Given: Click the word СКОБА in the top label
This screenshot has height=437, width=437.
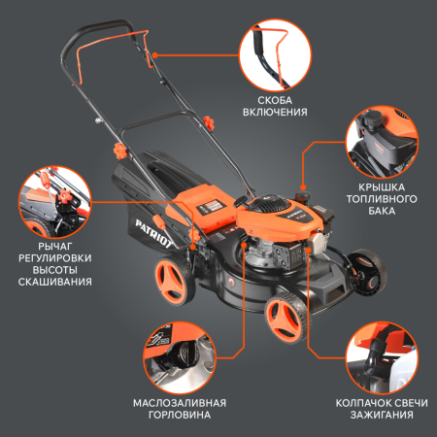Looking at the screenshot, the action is [x=275, y=100].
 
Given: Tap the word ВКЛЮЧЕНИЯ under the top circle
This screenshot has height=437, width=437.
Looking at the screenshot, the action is [x=275, y=112].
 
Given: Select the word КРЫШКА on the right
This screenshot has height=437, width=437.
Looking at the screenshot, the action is [x=382, y=187].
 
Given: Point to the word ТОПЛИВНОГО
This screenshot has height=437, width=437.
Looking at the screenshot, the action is [x=382, y=199].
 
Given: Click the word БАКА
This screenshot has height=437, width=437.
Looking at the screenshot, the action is [x=382, y=211].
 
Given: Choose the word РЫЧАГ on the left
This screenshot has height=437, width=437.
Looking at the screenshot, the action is [x=55, y=247].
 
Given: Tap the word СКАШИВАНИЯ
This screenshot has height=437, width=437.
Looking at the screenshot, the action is [x=55, y=282].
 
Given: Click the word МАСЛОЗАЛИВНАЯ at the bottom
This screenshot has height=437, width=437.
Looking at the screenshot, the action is [x=180, y=403].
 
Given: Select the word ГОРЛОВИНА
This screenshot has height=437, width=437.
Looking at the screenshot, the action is [x=180, y=415].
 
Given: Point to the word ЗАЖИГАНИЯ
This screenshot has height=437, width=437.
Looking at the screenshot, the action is [x=382, y=415].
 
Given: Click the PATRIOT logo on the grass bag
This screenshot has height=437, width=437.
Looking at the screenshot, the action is [x=152, y=234].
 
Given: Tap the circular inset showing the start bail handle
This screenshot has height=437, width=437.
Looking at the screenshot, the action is [x=275, y=55].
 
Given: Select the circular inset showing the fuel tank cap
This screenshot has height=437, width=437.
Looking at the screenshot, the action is [x=382, y=142].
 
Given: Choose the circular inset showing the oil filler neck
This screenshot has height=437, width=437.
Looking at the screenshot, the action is [x=180, y=357].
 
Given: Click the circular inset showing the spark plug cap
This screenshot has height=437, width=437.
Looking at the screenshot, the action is [x=382, y=357].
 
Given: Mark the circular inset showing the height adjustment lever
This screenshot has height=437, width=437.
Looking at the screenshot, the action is [x=55, y=202].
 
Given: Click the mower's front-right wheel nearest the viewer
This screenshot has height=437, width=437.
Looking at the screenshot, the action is [x=286, y=317].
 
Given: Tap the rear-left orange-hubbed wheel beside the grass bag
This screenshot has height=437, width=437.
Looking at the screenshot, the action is [x=174, y=281].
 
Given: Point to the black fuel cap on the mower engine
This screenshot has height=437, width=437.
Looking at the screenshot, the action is [x=302, y=195].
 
